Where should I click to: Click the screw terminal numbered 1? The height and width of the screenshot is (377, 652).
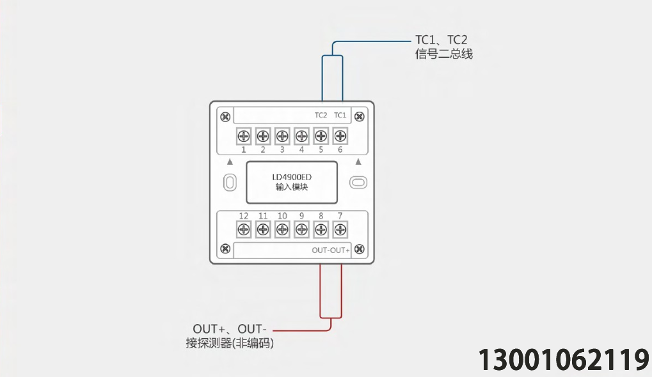(x=243, y=135)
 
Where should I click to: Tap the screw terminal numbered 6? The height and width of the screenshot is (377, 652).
(x=340, y=135)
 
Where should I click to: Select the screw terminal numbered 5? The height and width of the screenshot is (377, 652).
(x=321, y=135)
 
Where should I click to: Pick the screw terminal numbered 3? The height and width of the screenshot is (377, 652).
(x=282, y=135)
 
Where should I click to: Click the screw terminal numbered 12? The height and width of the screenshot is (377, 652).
(x=243, y=229)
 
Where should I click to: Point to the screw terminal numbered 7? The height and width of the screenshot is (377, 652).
(x=340, y=229)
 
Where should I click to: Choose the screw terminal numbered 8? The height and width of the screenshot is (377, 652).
(x=321, y=229)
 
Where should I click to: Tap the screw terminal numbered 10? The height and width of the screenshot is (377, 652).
(x=282, y=229)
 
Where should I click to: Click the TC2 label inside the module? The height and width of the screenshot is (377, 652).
(x=321, y=115)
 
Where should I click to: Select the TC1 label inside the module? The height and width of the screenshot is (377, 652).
(x=340, y=115)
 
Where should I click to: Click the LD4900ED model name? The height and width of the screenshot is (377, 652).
(x=292, y=177)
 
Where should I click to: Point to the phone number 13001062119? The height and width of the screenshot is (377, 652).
(x=564, y=360)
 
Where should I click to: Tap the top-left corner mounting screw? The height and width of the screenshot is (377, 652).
(x=225, y=117)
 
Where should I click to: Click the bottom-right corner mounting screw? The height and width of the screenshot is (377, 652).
(x=360, y=249)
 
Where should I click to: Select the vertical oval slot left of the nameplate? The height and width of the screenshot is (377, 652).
(x=230, y=182)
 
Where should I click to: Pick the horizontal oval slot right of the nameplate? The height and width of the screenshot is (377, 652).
(x=358, y=182)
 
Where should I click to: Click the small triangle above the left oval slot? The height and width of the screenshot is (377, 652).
(x=230, y=162)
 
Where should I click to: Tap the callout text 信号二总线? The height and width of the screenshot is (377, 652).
(x=443, y=54)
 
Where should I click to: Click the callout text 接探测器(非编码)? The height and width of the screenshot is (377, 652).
(x=230, y=343)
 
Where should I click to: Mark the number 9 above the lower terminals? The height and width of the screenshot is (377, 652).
(x=301, y=216)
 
